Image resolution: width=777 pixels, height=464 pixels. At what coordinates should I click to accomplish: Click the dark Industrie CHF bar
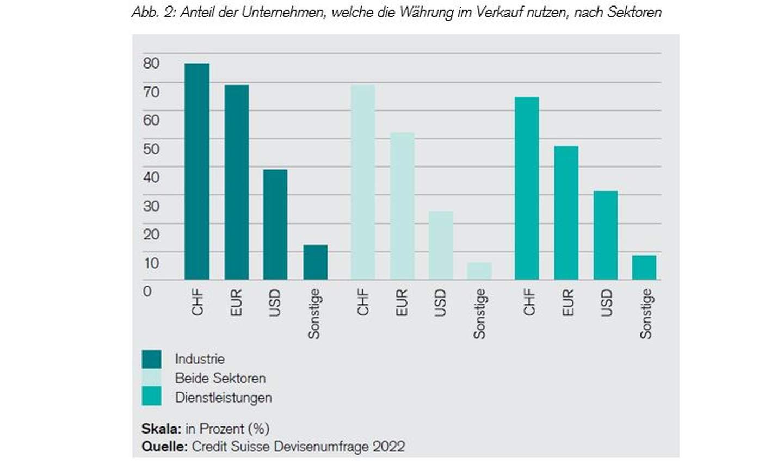click(196, 171)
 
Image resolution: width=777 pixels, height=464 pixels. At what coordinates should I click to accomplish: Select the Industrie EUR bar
click(236, 182)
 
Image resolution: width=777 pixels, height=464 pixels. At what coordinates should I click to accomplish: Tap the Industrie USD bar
click(275, 224)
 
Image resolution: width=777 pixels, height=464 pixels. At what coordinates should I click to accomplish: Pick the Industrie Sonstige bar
click(315, 262)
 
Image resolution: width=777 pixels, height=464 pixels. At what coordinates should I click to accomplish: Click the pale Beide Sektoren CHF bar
click(363, 182)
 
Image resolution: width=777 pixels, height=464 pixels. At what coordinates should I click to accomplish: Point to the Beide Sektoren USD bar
click(441, 245)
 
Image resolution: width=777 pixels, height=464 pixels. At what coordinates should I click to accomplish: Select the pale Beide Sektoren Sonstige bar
click(479, 271)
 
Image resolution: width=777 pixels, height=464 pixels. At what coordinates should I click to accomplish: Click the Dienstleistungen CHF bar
click(527, 188)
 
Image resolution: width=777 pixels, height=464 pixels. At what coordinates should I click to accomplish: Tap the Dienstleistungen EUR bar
click(566, 213)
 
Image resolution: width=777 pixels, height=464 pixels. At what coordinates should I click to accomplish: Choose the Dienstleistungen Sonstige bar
click(644, 267)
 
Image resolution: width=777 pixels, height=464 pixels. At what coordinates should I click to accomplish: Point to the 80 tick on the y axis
click(151, 63)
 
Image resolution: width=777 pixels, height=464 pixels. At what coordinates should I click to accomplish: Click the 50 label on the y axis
click(151, 149)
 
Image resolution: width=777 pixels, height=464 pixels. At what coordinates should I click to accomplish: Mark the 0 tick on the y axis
click(147, 291)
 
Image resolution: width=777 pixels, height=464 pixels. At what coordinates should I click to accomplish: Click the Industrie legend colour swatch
click(151, 359)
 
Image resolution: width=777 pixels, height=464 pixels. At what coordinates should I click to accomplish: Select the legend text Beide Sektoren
click(220, 378)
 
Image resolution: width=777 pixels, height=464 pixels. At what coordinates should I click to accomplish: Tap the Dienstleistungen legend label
click(223, 398)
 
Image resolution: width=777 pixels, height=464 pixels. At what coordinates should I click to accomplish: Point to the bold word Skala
click(161, 429)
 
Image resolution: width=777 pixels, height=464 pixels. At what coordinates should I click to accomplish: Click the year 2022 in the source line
click(388, 447)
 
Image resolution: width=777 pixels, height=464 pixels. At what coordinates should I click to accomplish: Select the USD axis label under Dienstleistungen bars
click(607, 302)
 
